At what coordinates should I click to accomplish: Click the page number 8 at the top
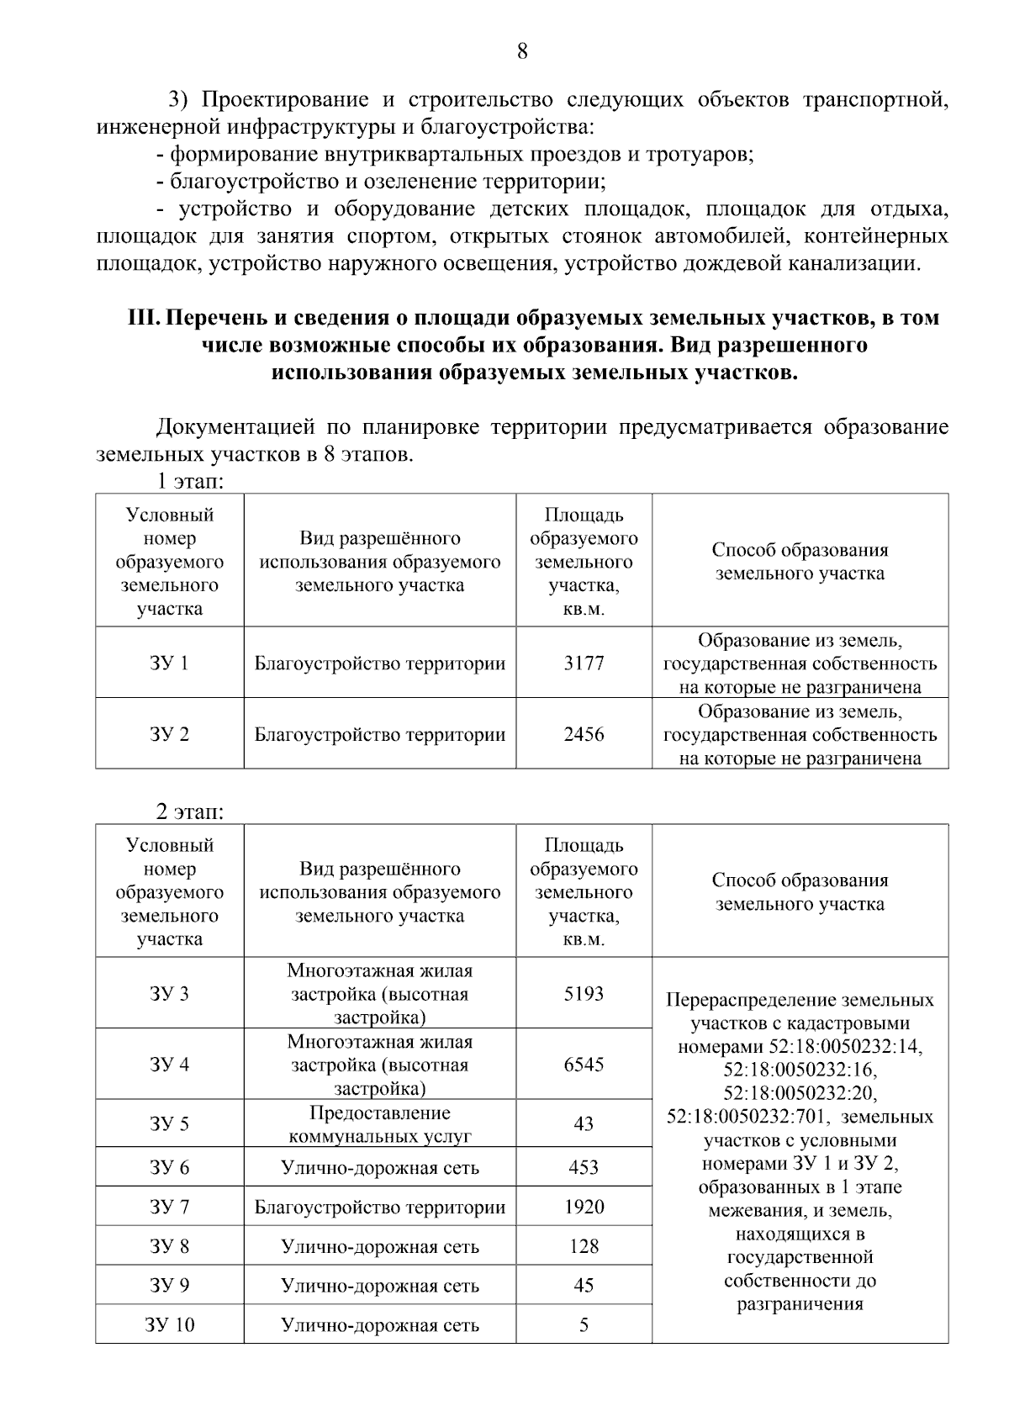pos(521,52)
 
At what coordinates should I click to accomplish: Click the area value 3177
pos(584,663)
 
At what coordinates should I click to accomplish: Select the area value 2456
pos(584,734)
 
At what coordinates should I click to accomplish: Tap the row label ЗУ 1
pos(169,663)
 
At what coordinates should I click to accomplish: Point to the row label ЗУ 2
pos(169,734)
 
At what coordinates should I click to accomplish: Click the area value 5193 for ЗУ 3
pos(584,994)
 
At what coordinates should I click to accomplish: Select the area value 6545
pos(584,1065)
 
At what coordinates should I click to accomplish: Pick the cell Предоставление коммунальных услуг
pos(380,1124)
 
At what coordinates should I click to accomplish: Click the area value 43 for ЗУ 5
pos(584,1124)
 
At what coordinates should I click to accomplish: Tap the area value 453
pos(584,1167)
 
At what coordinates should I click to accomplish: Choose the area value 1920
pos(584,1207)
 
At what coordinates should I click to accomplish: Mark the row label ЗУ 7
pos(169,1207)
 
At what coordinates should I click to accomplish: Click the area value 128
pos(584,1246)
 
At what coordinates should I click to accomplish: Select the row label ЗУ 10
pos(169,1325)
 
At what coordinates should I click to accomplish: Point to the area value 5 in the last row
pos(584,1325)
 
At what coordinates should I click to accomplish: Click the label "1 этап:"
pos(189,482)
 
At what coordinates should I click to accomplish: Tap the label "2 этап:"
pos(189,812)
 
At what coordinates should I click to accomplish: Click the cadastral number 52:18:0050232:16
pos(800,1070)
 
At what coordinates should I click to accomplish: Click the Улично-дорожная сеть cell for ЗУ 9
pos(380,1286)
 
